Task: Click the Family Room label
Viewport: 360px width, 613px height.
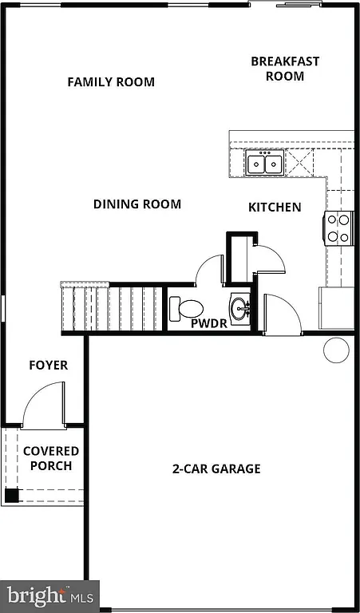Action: [111, 82]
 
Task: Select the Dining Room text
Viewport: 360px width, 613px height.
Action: [137, 204]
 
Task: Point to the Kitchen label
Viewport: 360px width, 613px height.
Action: [275, 208]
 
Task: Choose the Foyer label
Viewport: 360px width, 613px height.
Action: [49, 366]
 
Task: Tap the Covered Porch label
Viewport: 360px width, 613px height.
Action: [51, 459]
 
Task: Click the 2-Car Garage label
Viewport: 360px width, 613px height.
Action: [216, 469]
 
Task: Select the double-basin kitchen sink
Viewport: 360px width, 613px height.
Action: [263, 164]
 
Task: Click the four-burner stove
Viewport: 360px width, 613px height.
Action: [338, 227]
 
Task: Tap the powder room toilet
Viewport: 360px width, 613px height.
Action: [187, 307]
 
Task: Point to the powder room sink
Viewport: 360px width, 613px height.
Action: [240, 306]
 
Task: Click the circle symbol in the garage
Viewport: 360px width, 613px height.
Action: [336, 350]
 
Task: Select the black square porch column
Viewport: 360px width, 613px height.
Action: [11, 495]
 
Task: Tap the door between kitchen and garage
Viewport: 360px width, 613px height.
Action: [281, 313]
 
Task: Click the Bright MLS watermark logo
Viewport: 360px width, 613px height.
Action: [49, 595]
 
